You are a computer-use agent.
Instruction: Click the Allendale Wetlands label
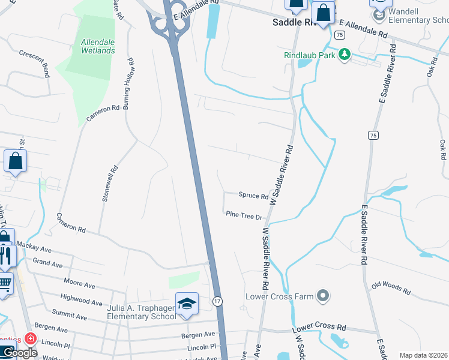[98, 46]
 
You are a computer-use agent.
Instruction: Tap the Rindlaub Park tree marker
[344, 55]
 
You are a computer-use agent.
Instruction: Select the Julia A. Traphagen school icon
[187, 303]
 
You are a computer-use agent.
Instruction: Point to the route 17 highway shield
[218, 299]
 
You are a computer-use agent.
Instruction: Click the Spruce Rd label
[253, 196]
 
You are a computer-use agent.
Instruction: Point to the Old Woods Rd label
[391, 288]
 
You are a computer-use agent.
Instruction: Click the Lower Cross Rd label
[319, 329]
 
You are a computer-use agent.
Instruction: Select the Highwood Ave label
[81, 299]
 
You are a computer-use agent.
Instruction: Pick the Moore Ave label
[80, 281]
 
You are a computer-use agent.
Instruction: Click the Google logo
[19, 352]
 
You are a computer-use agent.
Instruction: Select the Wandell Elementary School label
[418, 16]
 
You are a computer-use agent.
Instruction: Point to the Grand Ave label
[47, 263]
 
